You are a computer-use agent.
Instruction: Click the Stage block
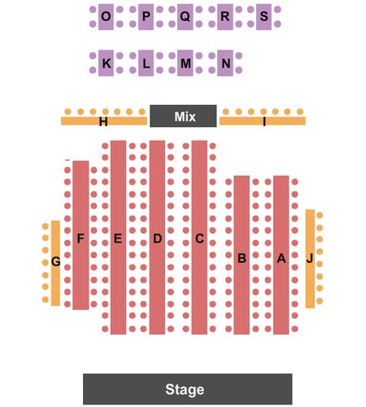[x=188, y=389]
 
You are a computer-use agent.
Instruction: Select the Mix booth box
[x=183, y=116]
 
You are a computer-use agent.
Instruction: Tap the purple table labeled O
[x=106, y=17]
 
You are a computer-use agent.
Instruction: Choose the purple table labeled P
[x=146, y=17]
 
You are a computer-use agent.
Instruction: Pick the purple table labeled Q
[x=185, y=17]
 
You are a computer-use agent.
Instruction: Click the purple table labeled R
[x=225, y=17]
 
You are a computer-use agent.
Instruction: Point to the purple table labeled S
[x=264, y=17]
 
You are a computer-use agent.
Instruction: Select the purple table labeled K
[x=106, y=63]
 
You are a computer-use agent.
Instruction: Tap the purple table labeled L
[x=146, y=63]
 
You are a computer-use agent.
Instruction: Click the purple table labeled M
[x=185, y=63]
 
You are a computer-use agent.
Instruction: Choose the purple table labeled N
[x=225, y=63]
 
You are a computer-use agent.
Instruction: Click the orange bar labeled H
[x=104, y=121]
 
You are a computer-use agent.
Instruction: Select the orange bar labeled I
[x=263, y=121]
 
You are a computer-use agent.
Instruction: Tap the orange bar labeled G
[x=55, y=263]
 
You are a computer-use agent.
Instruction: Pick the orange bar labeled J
[x=310, y=259]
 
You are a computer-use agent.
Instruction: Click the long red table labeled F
[x=81, y=235]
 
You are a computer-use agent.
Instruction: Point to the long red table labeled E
[x=118, y=238]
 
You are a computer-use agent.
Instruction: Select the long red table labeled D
[x=157, y=238]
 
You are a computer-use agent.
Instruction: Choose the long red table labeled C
[x=199, y=238]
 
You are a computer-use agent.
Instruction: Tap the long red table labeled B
[x=242, y=255]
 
